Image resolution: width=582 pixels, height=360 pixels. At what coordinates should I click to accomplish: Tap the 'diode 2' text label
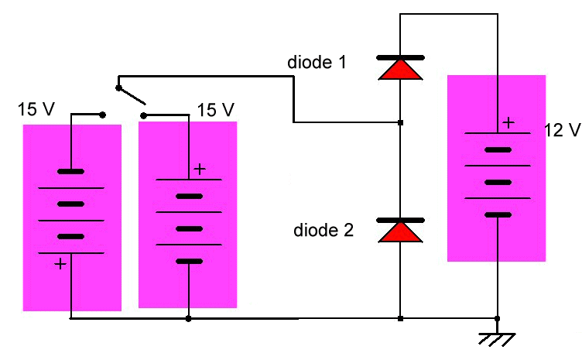point(324,230)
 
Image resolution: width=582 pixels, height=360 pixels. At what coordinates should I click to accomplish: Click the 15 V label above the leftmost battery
point(36,110)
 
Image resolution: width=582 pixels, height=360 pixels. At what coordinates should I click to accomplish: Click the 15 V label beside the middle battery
point(216,109)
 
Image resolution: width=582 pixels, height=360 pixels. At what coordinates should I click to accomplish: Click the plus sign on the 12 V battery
point(508,122)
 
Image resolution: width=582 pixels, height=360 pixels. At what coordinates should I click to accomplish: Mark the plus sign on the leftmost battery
point(60,264)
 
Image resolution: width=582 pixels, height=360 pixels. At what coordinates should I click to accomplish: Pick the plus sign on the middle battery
point(200,169)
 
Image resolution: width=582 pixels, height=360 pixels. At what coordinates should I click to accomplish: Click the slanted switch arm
point(131,95)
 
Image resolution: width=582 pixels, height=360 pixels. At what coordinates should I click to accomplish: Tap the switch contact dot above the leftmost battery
point(103,115)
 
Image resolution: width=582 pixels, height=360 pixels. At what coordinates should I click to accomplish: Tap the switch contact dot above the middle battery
point(143,115)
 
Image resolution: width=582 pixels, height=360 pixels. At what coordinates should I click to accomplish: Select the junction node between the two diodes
point(399,122)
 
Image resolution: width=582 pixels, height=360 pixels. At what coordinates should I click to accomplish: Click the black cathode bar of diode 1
point(399,57)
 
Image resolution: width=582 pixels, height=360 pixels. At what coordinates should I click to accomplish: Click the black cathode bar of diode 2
point(399,221)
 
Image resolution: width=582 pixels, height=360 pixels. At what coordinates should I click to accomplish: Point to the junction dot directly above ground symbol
point(497,317)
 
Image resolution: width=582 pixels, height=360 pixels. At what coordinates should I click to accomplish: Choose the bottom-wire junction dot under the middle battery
point(189,317)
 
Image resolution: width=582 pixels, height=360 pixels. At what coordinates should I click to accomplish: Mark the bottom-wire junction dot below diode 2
point(399,317)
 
